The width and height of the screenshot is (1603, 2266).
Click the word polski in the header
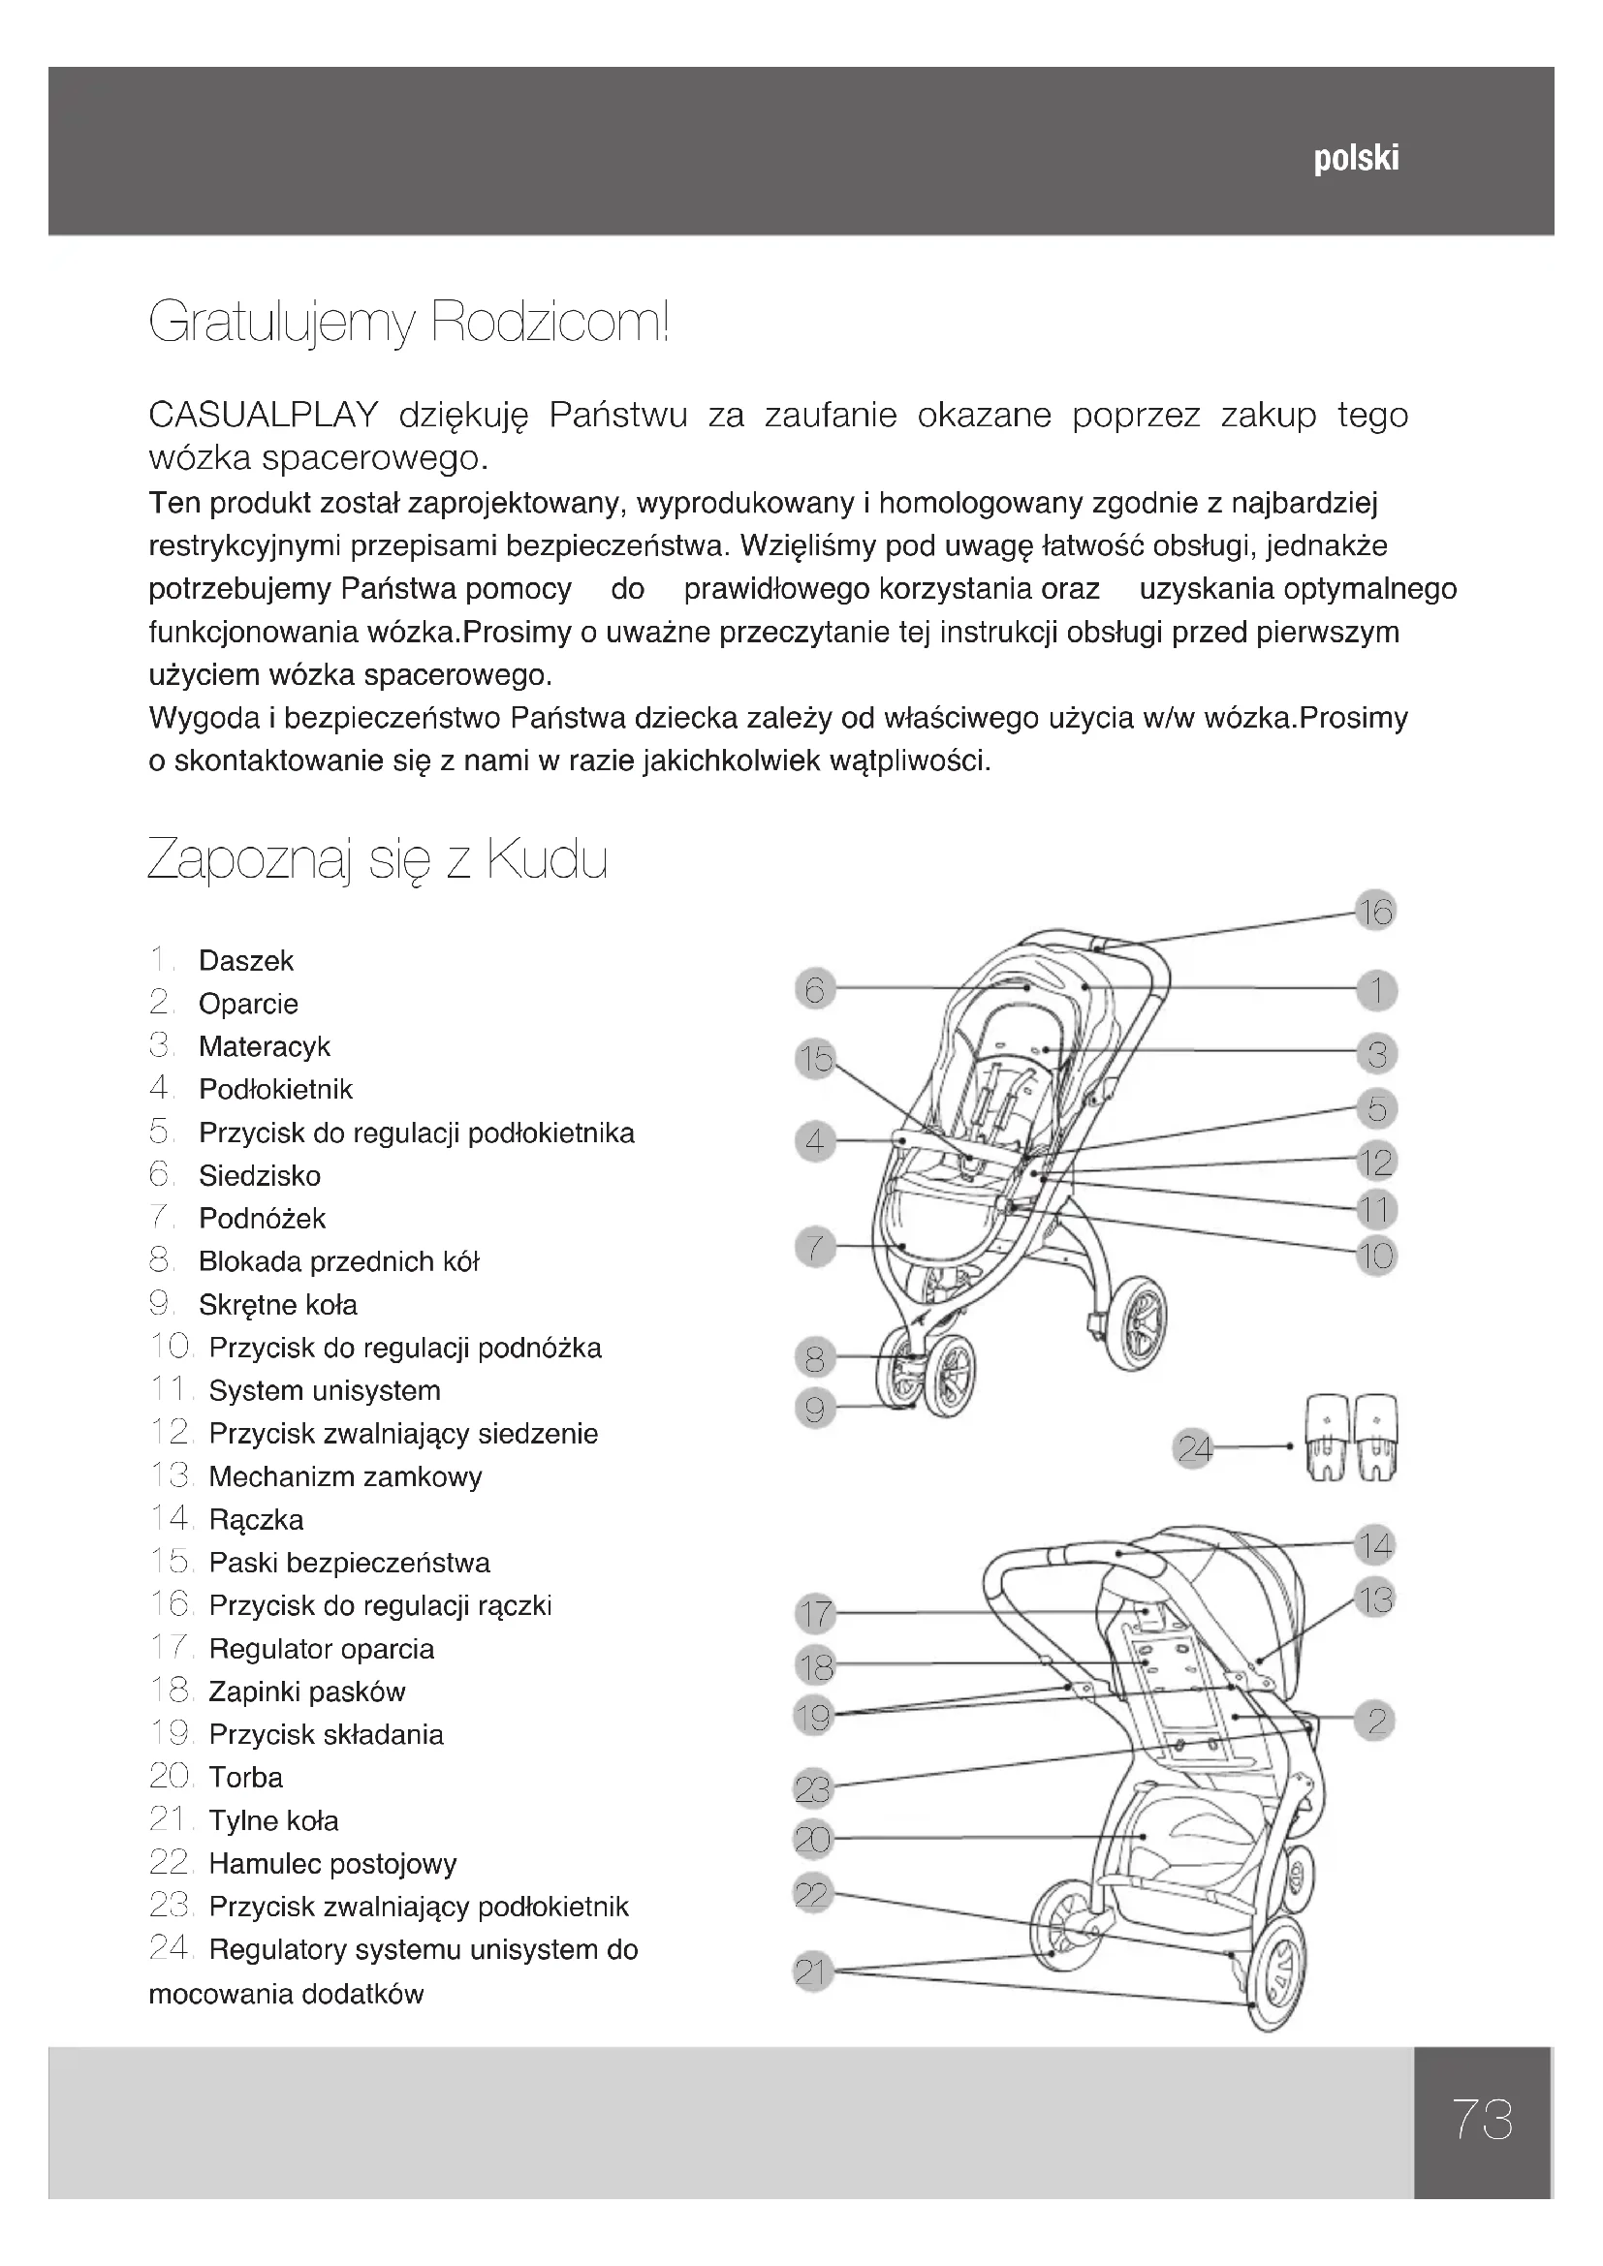[x=1355, y=159]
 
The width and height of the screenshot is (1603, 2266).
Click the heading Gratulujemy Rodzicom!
[x=409, y=323]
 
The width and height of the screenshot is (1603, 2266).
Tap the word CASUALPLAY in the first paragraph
[x=264, y=416]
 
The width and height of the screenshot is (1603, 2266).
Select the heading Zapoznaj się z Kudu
[x=377, y=859]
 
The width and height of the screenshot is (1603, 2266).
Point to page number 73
[x=1482, y=2119]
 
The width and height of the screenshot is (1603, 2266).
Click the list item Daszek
[x=246, y=960]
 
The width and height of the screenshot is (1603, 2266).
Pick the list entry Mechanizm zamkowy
[x=345, y=1476]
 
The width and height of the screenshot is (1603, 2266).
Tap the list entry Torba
[x=246, y=1778]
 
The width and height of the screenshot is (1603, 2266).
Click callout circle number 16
[x=1374, y=911]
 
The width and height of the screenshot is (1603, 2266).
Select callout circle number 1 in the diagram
[x=1376, y=990]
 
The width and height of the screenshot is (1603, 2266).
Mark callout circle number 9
[x=814, y=1409]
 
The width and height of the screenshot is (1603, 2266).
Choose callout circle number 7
[x=814, y=1248]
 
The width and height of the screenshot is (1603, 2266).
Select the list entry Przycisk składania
[x=326, y=1734]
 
